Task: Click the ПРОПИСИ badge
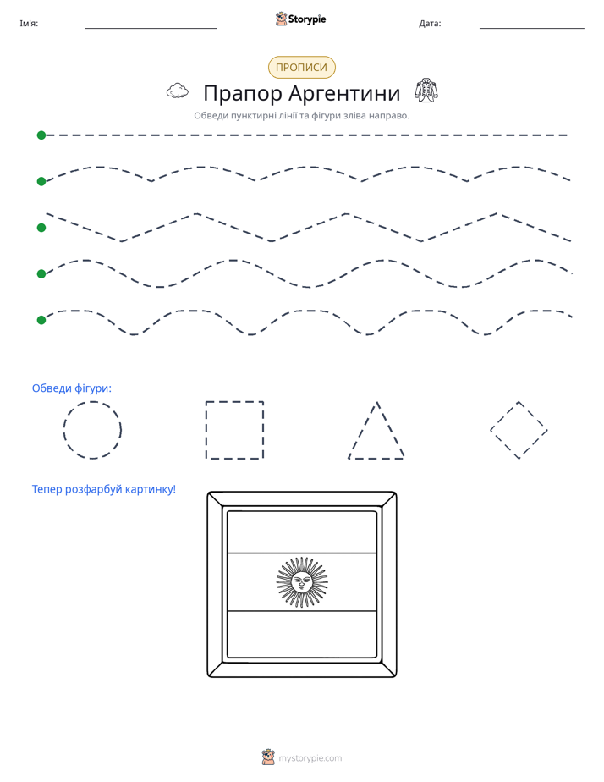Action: point(301,68)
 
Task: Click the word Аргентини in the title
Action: point(344,93)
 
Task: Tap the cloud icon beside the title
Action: point(178,91)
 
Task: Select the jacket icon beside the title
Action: point(426,91)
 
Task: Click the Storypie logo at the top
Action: point(301,19)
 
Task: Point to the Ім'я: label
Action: point(29,24)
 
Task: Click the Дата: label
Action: point(430,24)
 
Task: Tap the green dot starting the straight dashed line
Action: point(41,135)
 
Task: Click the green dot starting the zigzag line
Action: point(41,228)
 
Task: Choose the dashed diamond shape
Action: point(504,416)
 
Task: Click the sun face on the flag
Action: point(301,582)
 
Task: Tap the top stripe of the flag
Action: point(301,532)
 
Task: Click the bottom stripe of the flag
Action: point(301,633)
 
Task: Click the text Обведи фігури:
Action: point(72,388)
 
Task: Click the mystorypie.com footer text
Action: point(310,758)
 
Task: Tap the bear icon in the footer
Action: point(268,757)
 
